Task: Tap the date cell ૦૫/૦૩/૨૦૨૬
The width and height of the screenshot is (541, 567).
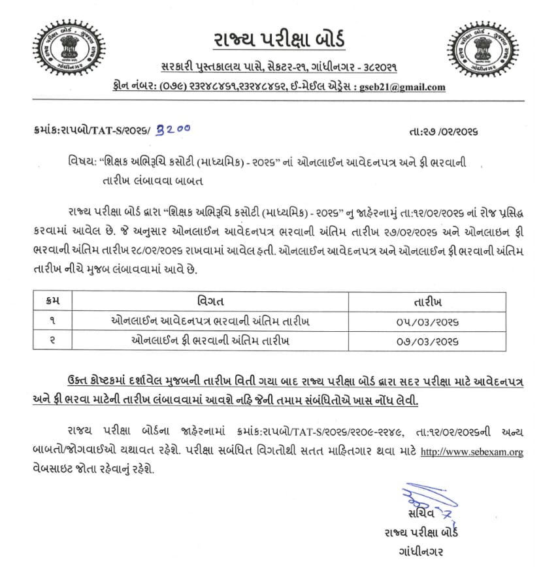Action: (x=428, y=321)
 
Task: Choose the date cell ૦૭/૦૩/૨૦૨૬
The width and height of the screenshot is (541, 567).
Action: (x=428, y=341)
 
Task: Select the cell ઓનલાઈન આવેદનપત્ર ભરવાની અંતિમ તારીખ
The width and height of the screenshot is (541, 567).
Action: (x=210, y=321)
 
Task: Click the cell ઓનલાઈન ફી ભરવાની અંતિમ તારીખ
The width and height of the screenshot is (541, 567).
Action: (x=210, y=341)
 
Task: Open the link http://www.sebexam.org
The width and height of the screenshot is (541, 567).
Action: (x=471, y=451)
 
